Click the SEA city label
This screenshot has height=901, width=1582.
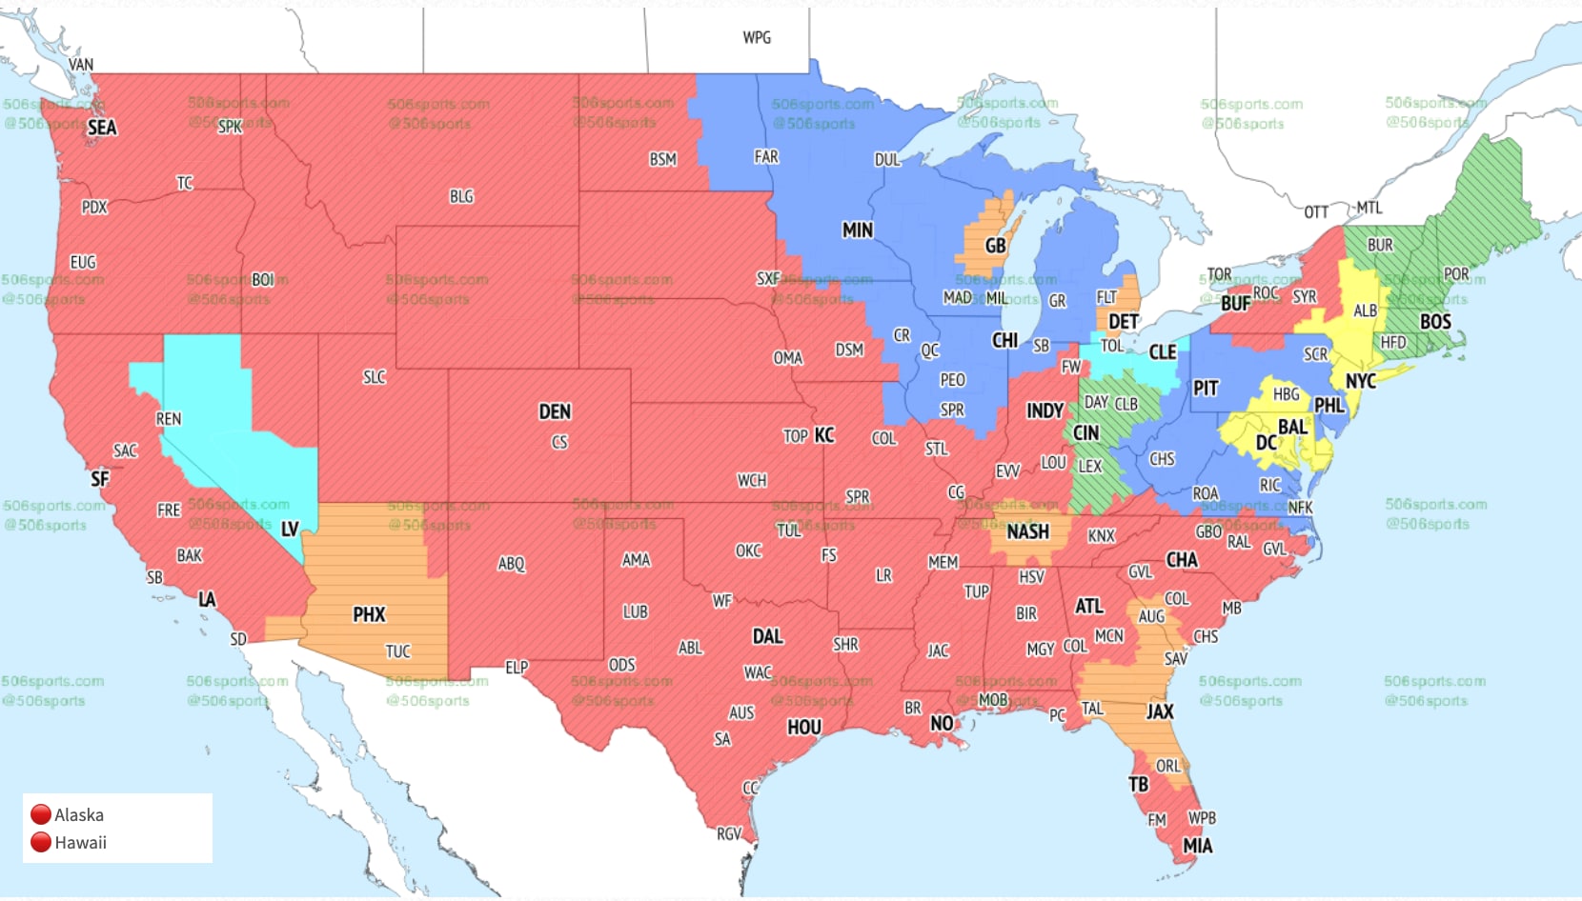[102, 128]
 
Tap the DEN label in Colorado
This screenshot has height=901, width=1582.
[555, 411]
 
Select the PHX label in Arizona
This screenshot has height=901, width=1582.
[369, 614]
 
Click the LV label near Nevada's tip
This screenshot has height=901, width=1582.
[290, 530]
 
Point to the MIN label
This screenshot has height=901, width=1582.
[857, 230]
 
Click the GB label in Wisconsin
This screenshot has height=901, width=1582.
[995, 246]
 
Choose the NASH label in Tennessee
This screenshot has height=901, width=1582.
[1027, 531]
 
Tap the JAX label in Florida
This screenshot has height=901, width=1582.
[1160, 711]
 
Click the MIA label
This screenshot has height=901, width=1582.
[1197, 846]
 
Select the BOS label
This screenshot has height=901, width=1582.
[1435, 322]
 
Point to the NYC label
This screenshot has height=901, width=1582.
[1360, 381]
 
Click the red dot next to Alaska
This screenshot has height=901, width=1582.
[40, 814]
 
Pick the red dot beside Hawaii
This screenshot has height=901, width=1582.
[40, 842]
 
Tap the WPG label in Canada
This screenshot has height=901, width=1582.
[757, 37]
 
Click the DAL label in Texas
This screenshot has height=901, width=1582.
[767, 636]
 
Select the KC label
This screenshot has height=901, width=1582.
[824, 435]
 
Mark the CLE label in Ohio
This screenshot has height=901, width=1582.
[1162, 352]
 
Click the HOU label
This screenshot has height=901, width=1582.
[803, 727]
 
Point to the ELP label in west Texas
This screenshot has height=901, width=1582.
[517, 668]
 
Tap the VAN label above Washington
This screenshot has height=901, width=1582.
[81, 65]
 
